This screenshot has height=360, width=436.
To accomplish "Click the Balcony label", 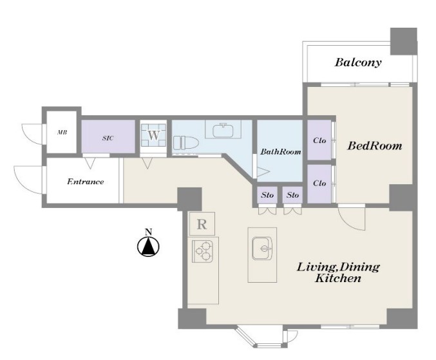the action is coord(358,62).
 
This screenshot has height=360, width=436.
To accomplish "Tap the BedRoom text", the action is coord(375,146).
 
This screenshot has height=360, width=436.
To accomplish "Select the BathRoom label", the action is coord(281,152).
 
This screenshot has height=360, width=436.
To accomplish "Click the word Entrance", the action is coord(86,182).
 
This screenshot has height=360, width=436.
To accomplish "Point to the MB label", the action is coord(62,133).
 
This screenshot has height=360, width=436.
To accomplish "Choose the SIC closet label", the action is coord(108,138).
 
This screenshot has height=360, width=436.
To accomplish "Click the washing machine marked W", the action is coord(153,135).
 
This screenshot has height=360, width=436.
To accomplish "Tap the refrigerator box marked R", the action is coord(202,223).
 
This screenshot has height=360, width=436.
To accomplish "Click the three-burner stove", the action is coord(202,251).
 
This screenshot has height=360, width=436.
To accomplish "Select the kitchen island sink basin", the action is coord(262,249).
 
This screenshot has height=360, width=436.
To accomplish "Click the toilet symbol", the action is coord(185,143).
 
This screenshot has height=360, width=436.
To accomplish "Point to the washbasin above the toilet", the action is coord(223,130).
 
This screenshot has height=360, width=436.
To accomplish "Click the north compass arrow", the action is coord(149,247).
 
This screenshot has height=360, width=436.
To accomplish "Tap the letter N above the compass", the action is coord(149,232).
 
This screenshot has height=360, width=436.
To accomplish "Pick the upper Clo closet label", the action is coord(319,140).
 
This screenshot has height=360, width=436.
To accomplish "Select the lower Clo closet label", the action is coord(319,183).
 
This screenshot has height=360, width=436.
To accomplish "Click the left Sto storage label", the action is coord(267,195).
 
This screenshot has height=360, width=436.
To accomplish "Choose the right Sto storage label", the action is coord(292,195).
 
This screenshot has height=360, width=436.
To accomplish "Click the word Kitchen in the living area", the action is coord(338,278).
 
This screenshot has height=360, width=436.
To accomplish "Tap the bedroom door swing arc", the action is coord(348,223).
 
